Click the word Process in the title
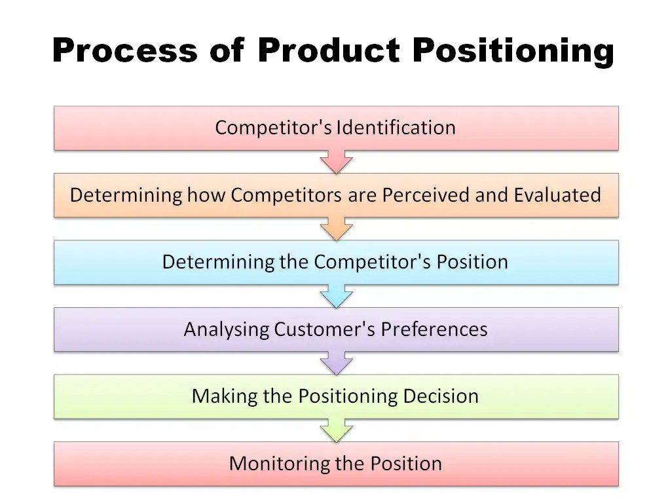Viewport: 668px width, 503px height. coord(124,50)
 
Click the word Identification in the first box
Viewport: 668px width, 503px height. coord(396,127)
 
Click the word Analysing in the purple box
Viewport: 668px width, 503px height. coord(226,329)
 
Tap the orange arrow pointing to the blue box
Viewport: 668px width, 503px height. coord(336,229)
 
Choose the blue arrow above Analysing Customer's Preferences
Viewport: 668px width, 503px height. coord(336,296)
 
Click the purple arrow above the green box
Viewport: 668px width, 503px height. coord(336,363)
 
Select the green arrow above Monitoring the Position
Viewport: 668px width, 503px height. coord(336,430)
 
